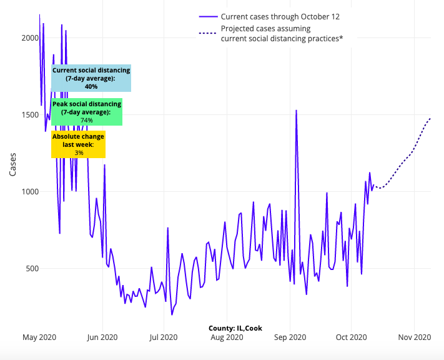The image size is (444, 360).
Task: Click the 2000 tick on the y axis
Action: (x=30, y=38)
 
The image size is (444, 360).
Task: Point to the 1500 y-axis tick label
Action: (x=30, y=115)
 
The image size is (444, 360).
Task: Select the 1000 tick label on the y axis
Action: (x=30, y=192)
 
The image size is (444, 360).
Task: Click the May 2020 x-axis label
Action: (x=39, y=337)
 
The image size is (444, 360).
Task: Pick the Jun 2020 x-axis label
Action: (x=102, y=337)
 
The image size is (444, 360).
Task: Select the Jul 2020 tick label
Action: (x=164, y=337)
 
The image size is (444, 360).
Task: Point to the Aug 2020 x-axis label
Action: (x=227, y=337)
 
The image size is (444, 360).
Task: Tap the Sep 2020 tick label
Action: (x=290, y=337)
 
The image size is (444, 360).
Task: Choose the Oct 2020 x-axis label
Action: (x=351, y=337)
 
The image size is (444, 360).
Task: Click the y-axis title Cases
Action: (x=13, y=164)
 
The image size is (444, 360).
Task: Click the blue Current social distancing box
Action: (x=91, y=78)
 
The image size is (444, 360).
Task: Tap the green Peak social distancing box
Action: (x=87, y=112)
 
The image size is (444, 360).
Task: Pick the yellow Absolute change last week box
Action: (x=79, y=144)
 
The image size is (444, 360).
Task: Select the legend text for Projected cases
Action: (x=282, y=34)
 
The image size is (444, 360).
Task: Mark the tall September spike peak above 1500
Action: (x=296, y=111)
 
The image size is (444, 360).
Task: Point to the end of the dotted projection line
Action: (x=430, y=118)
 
